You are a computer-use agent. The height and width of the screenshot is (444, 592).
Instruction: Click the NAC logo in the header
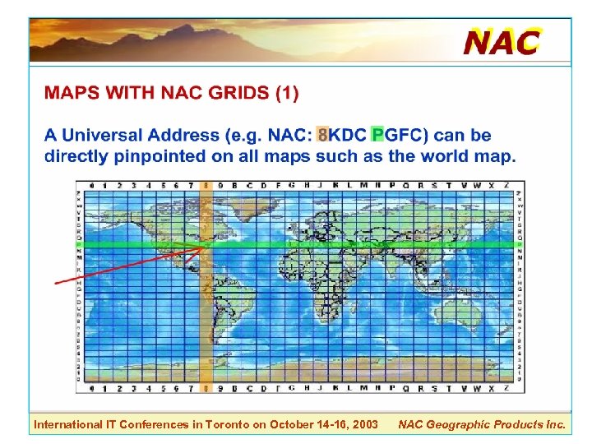click(x=502, y=40)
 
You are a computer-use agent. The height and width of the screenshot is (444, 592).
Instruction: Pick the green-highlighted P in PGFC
click(x=377, y=135)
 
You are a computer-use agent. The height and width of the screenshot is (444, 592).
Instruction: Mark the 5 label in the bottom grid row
click(x=162, y=386)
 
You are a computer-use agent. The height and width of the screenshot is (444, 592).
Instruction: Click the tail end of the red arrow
click(x=56, y=283)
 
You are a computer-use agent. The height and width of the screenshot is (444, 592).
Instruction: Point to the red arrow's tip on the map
click(x=203, y=246)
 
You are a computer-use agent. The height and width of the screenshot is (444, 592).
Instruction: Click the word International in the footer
click(x=65, y=425)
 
